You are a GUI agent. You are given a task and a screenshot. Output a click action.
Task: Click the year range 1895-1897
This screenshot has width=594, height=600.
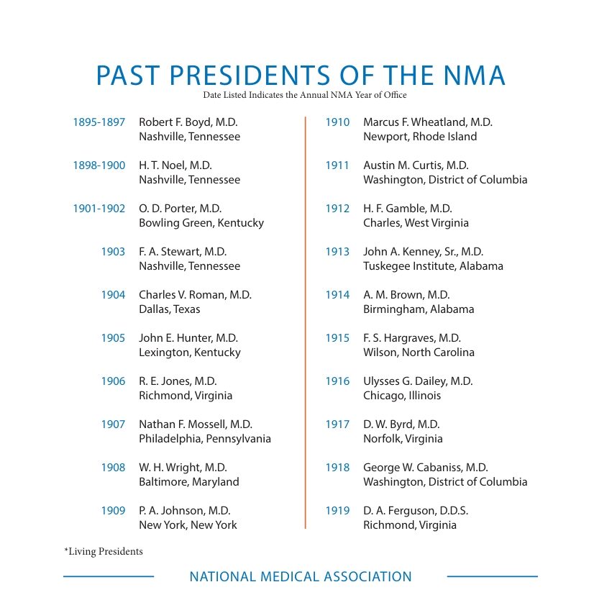click(x=99, y=122)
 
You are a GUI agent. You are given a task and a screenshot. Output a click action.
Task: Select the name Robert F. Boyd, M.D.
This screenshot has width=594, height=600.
click(x=188, y=122)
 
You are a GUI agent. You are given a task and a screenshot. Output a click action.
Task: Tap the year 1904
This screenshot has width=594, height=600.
click(x=113, y=295)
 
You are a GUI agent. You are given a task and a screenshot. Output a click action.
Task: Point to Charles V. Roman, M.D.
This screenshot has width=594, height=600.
click(x=195, y=295)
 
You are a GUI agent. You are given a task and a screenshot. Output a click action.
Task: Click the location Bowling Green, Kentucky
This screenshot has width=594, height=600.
click(x=201, y=223)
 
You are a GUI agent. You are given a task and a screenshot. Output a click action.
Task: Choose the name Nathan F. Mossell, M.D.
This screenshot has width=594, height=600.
click(x=196, y=424)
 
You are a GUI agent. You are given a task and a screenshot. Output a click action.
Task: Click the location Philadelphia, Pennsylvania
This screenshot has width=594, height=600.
click(x=205, y=439)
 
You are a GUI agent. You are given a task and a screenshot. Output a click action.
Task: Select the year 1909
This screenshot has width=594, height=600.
click(x=113, y=511)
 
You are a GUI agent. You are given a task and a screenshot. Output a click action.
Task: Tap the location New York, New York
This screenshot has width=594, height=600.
click(x=188, y=525)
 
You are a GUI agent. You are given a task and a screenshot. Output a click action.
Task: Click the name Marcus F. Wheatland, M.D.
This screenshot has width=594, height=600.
click(x=428, y=122)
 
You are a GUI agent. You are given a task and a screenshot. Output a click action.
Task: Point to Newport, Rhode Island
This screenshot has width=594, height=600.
click(x=420, y=137)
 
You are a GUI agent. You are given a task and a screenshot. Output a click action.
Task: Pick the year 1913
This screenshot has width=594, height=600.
click(x=337, y=251)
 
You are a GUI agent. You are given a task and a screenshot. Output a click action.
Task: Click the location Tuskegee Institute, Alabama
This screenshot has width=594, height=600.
click(x=433, y=266)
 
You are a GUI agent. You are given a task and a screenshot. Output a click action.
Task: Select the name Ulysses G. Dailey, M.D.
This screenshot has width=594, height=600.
click(x=418, y=381)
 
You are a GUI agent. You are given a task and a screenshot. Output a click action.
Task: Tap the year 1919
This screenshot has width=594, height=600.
click(x=337, y=511)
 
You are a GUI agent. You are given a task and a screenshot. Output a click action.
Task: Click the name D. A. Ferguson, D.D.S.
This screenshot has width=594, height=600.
click(x=416, y=511)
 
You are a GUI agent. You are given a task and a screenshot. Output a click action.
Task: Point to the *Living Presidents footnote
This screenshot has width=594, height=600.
click(x=104, y=551)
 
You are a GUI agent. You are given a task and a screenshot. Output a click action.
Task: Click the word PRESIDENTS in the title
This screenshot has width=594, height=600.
click(x=250, y=75)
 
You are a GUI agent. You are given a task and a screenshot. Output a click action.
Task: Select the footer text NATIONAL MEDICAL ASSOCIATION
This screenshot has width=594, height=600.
click(x=301, y=577)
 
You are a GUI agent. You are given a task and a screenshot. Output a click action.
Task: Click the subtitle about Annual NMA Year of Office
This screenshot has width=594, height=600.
click(x=304, y=95)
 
